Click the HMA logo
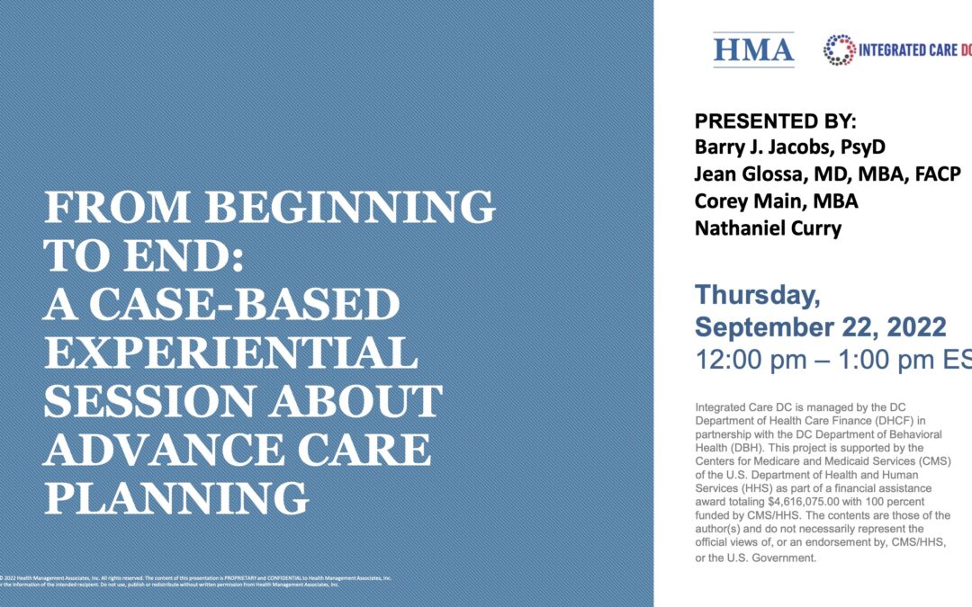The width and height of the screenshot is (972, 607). (753, 49)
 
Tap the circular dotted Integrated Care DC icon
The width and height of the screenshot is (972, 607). (840, 50)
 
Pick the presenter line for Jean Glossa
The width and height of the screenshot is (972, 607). (827, 174)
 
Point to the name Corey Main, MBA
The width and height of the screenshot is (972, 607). (776, 201)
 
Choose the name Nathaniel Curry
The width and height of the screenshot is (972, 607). (768, 228)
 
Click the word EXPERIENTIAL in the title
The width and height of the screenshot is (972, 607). (230, 352)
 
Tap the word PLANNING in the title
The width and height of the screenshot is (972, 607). (176, 496)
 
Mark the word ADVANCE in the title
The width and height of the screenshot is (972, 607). (148, 449)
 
